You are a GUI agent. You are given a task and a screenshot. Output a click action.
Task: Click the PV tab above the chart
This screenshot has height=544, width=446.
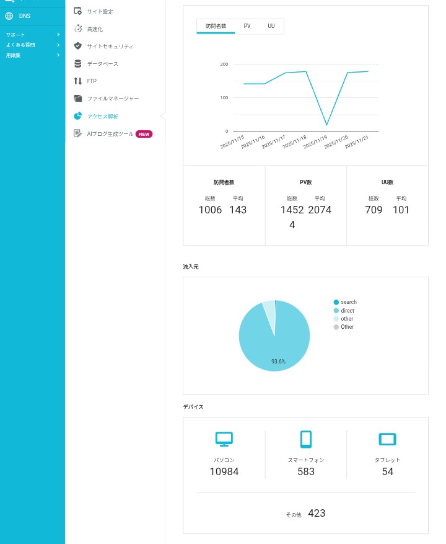click(247, 26)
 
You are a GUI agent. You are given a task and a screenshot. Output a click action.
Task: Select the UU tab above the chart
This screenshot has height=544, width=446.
click(271, 26)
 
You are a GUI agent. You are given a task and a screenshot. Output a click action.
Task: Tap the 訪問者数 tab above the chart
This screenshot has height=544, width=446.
click(216, 26)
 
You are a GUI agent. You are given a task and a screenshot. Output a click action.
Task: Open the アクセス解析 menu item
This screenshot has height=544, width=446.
click(102, 116)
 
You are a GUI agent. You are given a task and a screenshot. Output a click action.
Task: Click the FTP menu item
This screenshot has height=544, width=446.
click(92, 81)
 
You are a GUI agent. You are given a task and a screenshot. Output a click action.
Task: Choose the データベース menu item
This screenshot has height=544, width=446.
click(102, 64)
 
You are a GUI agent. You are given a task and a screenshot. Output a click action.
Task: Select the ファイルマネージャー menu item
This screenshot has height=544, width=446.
click(113, 99)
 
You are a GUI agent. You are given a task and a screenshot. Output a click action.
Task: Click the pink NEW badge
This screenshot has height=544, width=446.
click(144, 133)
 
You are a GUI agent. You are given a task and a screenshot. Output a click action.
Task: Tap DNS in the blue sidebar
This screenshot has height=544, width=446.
click(24, 16)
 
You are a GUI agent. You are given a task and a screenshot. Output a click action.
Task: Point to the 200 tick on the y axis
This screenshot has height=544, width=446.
click(224, 65)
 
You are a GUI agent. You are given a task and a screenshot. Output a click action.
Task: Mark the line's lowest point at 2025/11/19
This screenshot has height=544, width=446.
click(326, 125)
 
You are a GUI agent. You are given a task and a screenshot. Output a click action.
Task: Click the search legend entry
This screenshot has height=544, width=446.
click(348, 302)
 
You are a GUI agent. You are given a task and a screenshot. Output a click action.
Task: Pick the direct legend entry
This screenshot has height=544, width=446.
click(347, 310)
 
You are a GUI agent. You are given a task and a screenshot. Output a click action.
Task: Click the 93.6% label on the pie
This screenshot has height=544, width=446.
click(278, 361)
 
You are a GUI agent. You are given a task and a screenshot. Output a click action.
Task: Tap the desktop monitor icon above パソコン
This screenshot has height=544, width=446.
click(224, 439)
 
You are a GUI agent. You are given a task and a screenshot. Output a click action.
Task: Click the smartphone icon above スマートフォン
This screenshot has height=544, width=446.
click(305, 439)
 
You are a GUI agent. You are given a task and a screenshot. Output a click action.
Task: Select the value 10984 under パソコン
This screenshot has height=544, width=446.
click(224, 471)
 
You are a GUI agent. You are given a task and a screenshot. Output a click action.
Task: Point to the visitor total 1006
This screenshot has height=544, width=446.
click(210, 210)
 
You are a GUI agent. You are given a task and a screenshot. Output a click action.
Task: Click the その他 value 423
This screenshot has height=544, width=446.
click(317, 513)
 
